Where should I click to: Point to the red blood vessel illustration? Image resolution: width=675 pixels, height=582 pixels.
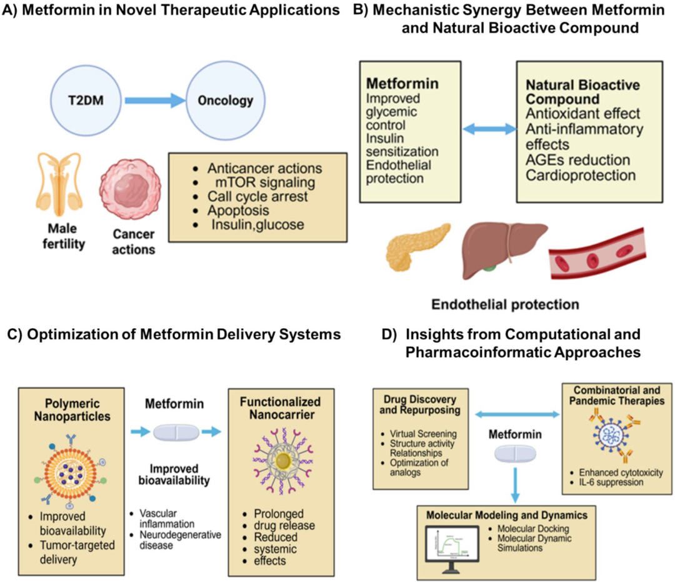[x=599, y=256]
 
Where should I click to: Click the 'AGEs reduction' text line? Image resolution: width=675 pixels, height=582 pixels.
[x=577, y=160]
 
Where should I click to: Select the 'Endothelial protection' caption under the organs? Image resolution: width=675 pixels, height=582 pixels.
[x=503, y=306]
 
